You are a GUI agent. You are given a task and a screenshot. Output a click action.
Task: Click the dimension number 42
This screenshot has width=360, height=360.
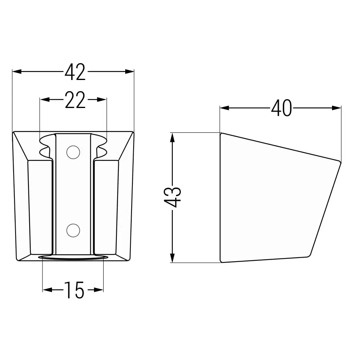pyautogui.click(x=75, y=72)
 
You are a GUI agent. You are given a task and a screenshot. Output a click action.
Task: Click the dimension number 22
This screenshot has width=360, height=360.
pyautogui.click(x=75, y=100)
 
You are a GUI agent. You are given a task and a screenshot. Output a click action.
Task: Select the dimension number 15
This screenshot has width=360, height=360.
pyautogui.click(x=74, y=290)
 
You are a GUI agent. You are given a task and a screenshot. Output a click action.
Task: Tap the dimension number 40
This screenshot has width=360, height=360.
pyautogui.click(x=282, y=108)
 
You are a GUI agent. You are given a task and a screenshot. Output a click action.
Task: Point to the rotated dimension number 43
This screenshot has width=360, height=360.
pyautogui.click(x=173, y=197)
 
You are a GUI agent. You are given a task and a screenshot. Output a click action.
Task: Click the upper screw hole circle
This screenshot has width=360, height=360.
pyautogui.click(x=73, y=152)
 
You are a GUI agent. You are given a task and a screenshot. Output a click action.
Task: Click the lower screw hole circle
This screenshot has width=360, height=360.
pyautogui.click(x=73, y=230)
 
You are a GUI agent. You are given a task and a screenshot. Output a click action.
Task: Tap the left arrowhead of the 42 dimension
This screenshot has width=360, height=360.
pyautogui.click(x=17, y=72)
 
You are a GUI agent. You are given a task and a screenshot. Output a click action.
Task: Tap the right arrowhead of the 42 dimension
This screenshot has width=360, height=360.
pyautogui.click(x=130, y=72)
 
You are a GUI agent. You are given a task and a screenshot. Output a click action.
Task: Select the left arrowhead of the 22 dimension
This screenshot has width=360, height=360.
pyautogui.click(x=45, y=100)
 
